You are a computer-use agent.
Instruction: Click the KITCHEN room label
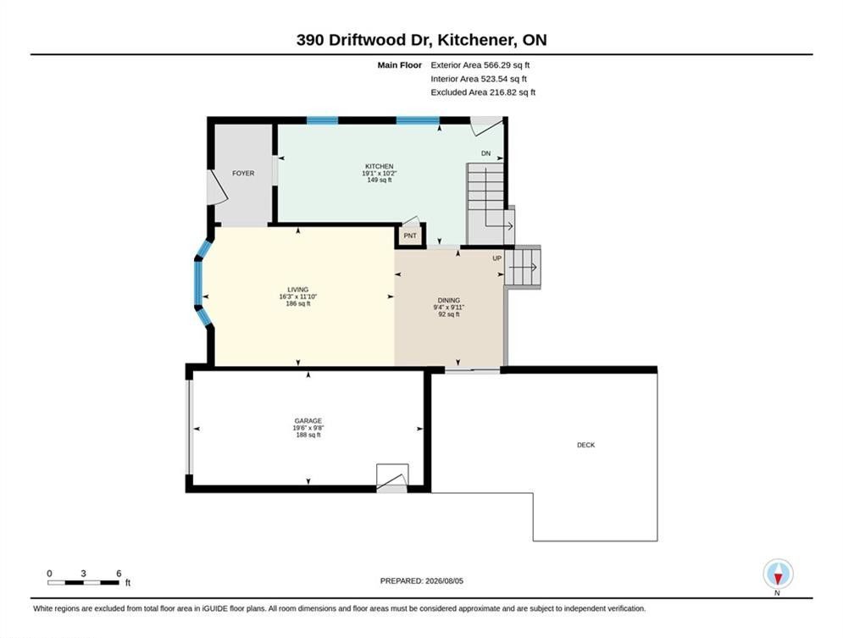[x=379, y=166]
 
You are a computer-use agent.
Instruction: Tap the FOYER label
[x=243, y=173]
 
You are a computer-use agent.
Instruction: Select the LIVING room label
[x=298, y=289]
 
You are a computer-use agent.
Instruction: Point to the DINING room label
[x=448, y=300]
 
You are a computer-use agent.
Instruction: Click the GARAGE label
[x=308, y=421]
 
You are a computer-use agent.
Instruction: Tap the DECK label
[x=586, y=445]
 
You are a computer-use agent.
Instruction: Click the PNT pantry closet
[x=410, y=236]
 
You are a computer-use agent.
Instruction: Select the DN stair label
[x=486, y=153]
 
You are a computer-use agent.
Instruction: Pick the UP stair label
[x=496, y=258]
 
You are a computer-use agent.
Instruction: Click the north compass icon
[x=778, y=574]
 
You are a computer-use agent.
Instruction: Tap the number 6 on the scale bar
[x=119, y=574]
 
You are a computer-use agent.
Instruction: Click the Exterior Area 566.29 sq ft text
[x=480, y=65]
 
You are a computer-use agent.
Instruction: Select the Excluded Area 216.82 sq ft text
[x=483, y=92]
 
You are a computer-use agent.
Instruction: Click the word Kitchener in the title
[x=473, y=40]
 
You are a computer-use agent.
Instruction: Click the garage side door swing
[x=392, y=479]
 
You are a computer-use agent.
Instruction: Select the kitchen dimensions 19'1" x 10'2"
[x=379, y=173]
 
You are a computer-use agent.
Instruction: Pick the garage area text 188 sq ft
[x=308, y=435]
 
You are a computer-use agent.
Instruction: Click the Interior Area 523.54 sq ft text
[x=479, y=79]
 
